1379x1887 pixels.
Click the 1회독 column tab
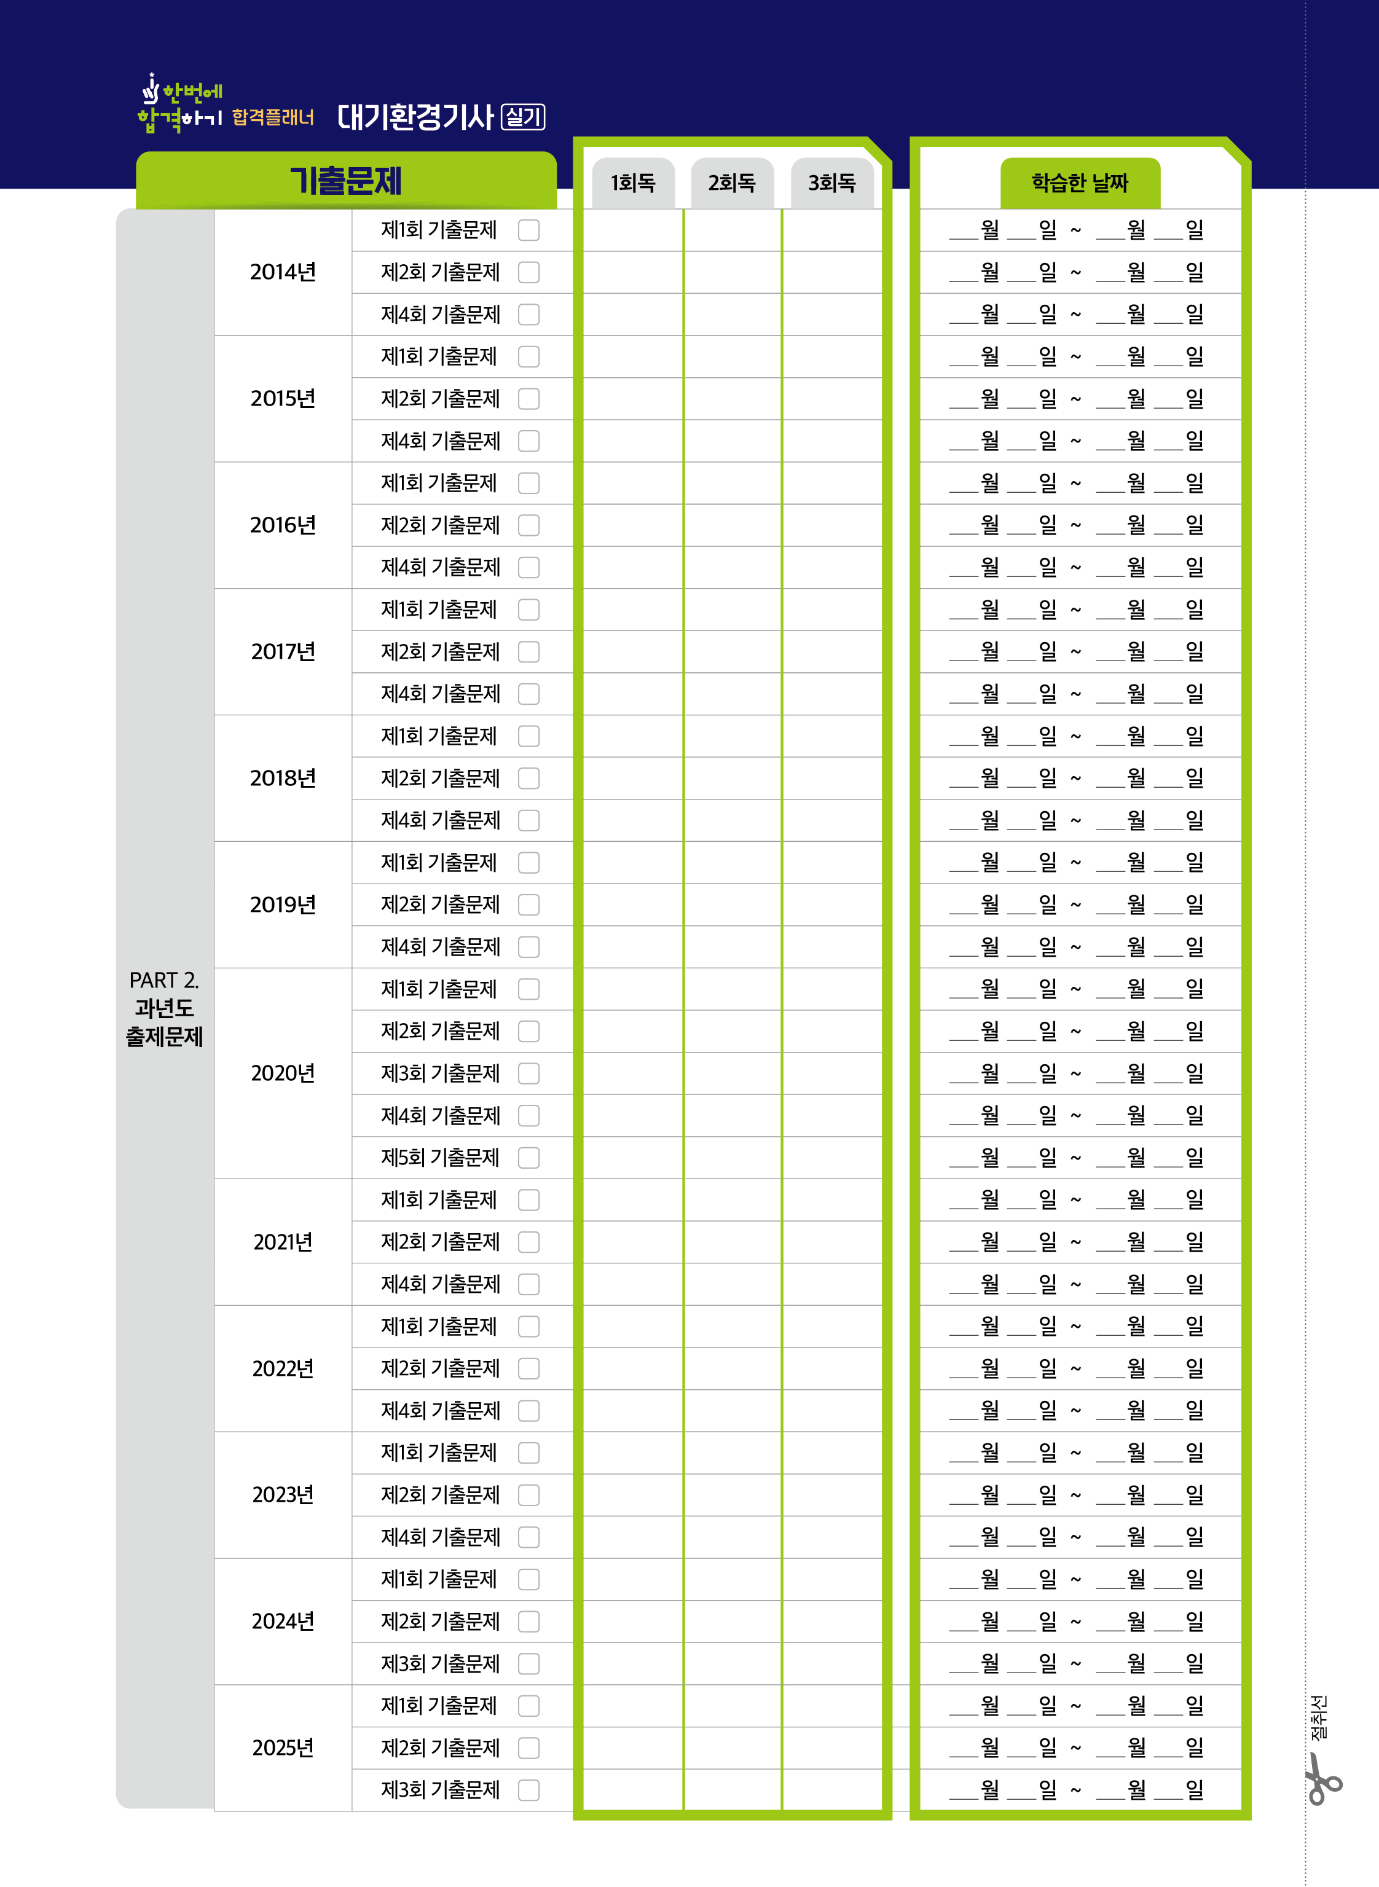click(x=633, y=182)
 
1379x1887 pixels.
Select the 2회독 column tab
click(x=732, y=182)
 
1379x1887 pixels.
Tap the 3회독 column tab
click(x=831, y=182)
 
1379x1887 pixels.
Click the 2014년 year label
click(x=283, y=272)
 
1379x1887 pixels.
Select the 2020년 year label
click(x=283, y=1073)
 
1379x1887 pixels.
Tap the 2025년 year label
click(x=283, y=1748)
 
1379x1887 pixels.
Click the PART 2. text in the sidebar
click(x=163, y=980)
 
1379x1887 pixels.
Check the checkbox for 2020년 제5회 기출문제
click(x=528, y=1158)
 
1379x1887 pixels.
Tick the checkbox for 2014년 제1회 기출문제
click(x=528, y=230)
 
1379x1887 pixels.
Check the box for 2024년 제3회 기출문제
click(x=528, y=1663)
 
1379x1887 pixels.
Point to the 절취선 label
click(x=1319, y=1717)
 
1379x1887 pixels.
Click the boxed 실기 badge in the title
click(x=522, y=117)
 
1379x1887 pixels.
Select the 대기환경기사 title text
click(x=415, y=117)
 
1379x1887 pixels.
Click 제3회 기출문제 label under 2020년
click(x=440, y=1073)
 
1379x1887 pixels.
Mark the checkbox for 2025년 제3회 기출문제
click(x=528, y=1790)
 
